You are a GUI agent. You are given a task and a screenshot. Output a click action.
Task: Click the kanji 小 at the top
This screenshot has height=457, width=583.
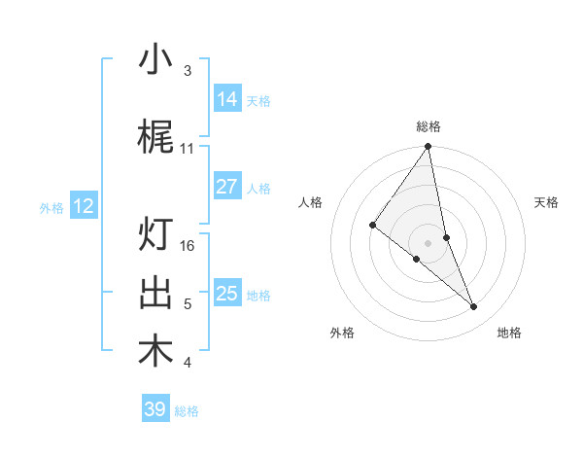(x=156, y=60)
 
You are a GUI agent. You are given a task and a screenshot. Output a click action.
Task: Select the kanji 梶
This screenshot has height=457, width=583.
(x=156, y=138)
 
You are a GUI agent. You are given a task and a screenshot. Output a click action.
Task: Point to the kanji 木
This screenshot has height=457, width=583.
(x=156, y=351)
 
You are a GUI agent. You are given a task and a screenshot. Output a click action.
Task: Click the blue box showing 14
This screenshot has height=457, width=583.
(x=227, y=99)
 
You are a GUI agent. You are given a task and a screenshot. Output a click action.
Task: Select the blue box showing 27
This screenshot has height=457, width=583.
(x=227, y=187)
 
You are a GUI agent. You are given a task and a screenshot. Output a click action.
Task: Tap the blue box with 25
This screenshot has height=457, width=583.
(x=227, y=294)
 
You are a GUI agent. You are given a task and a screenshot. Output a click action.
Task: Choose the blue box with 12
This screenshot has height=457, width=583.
(x=84, y=206)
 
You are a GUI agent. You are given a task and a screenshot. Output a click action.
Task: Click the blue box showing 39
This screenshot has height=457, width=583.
(x=155, y=409)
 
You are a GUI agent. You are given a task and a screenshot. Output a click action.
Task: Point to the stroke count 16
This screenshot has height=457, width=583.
(x=189, y=245)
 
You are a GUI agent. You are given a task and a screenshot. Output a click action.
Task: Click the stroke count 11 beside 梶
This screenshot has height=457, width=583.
(x=188, y=148)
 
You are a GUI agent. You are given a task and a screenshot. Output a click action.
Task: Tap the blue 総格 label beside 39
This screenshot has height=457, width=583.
(x=188, y=411)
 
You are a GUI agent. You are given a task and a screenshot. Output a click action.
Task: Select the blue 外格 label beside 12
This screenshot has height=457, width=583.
(x=51, y=207)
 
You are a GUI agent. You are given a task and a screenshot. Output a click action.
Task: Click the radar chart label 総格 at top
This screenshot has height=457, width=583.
(x=429, y=126)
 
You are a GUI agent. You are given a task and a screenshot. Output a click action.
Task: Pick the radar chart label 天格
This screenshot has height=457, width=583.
(x=547, y=202)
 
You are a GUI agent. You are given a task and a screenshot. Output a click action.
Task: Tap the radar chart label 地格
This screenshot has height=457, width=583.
(x=509, y=334)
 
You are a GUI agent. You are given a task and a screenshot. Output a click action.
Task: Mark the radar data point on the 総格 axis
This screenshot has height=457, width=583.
(x=429, y=147)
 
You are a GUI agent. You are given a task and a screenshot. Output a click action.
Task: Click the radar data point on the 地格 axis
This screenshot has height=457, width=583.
(x=474, y=306)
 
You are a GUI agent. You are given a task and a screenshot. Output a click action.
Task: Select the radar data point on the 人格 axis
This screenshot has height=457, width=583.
(x=373, y=225)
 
